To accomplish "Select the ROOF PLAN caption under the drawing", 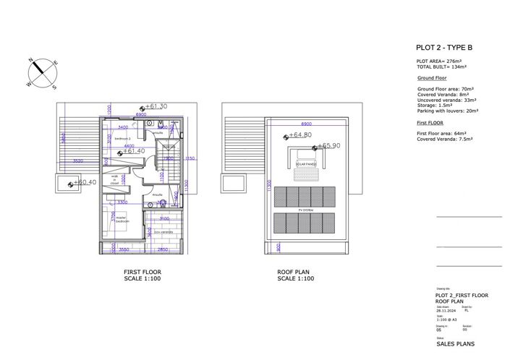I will coord(295,272).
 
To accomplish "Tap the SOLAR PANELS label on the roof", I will coord(305,164).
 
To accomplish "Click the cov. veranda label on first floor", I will coord(163,232).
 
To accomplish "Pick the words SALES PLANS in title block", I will coord(455,345).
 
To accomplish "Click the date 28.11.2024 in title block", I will coord(445,310).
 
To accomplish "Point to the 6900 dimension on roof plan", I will coord(306,124).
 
